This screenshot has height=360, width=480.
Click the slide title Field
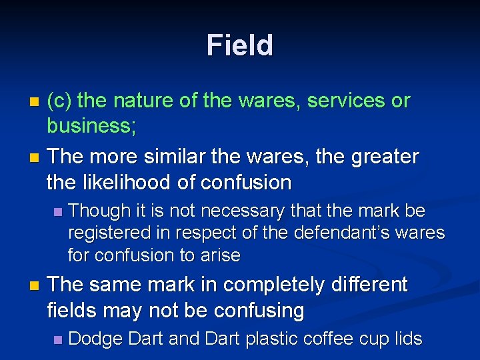pyautogui.click(x=240, y=45)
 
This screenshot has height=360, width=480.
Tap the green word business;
pyautogui.click(x=91, y=126)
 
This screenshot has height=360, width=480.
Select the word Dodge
pyautogui.click(x=95, y=339)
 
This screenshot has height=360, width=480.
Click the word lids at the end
pyautogui.click(x=407, y=339)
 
